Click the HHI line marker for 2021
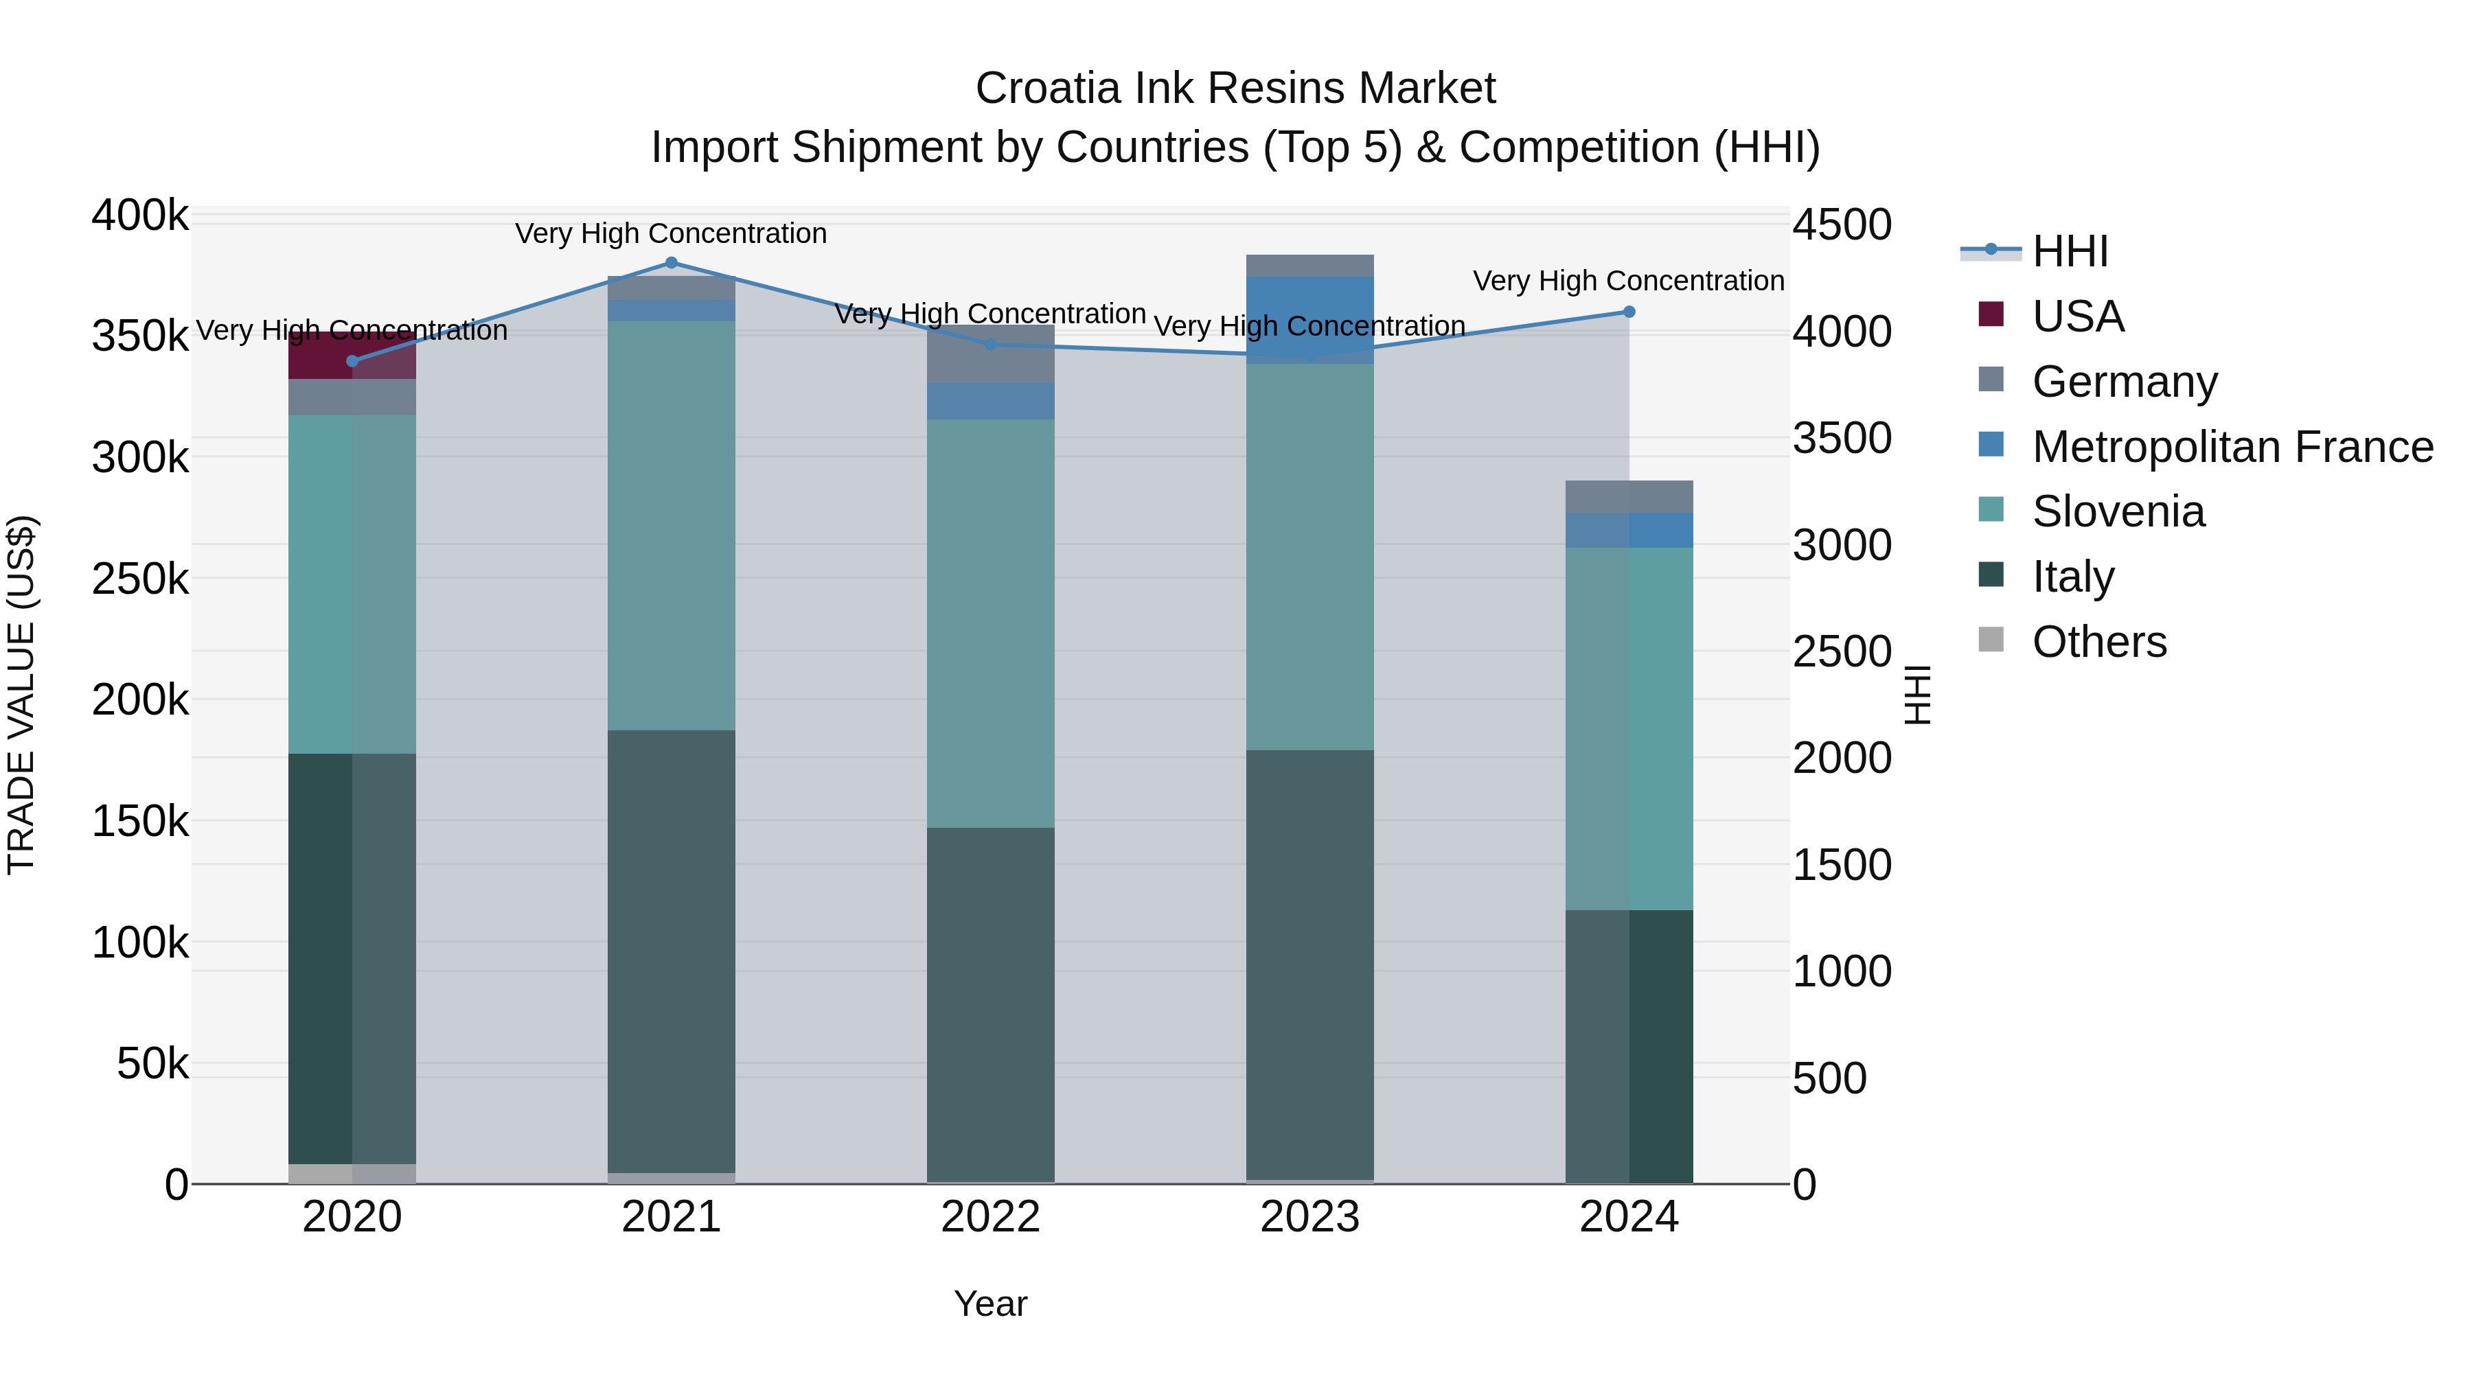[x=671, y=263]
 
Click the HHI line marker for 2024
[x=1629, y=312]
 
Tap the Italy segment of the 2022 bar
[x=990, y=1004]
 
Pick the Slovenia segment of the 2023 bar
[x=1310, y=557]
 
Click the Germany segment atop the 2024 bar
[x=1629, y=496]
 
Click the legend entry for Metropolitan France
[x=2232, y=447]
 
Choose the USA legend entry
[x=2078, y=316]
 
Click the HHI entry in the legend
[x=2070, y=251]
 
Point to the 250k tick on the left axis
[x=140, y=579]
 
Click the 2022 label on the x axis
[x=990, y=1217]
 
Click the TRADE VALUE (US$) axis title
[x=21, y=695]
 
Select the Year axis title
[x=990, y=1304]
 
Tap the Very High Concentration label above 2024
[x=1629, y=281]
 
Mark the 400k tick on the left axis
[x=140, y=216]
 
